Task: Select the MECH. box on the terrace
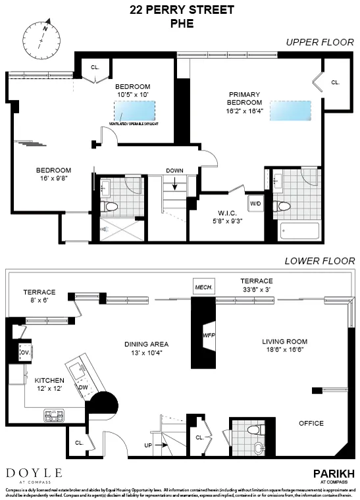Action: pyautogui.click(x=201, y=287)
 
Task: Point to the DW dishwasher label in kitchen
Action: pyautogui.click(x=83, y=387)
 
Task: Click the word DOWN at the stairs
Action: pyautogui.click(x=174, y=170)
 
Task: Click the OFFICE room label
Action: pyautogui.click(x=311, y=423)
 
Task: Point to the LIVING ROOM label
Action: pyautogui.click(x=285, y=341)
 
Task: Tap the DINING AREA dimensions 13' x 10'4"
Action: pyautogui.click(x=147, y=353)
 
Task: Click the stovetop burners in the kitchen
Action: pyautogui.click(x=53, y=415)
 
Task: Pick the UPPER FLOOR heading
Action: pyautogui.click(x=320, y=42)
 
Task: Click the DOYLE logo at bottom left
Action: pyautogui.click(x=34, y=472)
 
